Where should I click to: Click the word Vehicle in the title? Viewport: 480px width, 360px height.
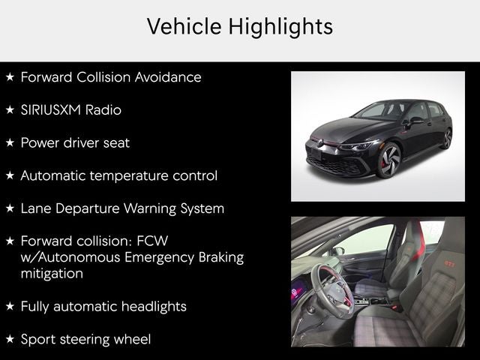click(x=184, y=26)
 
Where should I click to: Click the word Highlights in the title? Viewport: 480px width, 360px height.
click(x=280, y=27)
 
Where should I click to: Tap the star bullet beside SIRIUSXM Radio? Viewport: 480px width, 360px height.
click(x=10, y=109)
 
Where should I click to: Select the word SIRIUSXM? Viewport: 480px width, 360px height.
click(x=50, y=110)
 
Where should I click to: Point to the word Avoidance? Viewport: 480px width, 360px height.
click(x=168, y=77)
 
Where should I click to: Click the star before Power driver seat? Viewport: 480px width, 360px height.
click(x=10, y=142)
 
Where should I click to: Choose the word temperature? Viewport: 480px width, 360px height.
click(x=129, y=176)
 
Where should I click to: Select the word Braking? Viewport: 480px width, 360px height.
click(x=221, y=258)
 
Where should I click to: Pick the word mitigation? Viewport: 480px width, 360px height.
click(x=52, y=274)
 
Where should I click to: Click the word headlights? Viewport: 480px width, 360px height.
click(x=154, y=307)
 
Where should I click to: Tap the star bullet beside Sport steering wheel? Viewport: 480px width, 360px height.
click(x=10, y=339)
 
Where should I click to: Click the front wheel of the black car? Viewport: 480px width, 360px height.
click(x=389, y=160)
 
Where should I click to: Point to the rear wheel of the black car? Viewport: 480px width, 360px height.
click(x=446, y=139)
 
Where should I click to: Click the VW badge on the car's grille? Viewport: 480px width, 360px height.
click(x=320, y=142)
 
